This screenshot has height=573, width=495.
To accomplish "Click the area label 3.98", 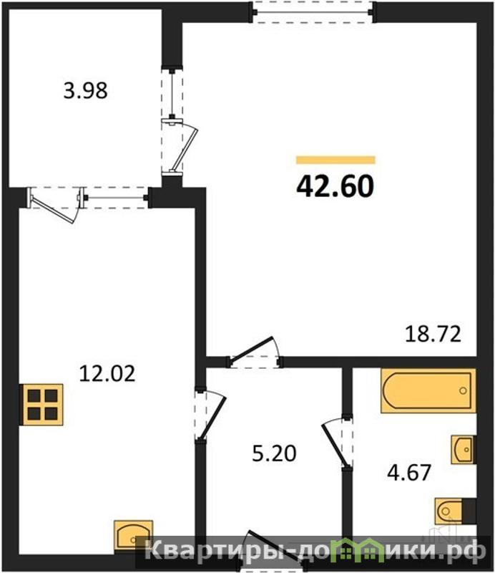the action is pos(85,91).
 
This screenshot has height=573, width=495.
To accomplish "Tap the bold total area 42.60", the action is pos(335,186).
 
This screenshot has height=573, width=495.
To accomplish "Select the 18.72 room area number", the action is pos(433,334).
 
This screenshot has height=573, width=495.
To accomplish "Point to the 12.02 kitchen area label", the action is pos(107,374).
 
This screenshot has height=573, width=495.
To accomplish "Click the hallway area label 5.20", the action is pos(274,453).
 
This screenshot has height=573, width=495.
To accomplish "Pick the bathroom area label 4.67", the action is pos(409,473).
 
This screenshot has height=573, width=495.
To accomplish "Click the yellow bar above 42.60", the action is pos(335,160).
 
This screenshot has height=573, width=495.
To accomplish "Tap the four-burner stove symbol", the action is pos(41,405).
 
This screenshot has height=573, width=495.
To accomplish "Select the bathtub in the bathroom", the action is pos(428,390).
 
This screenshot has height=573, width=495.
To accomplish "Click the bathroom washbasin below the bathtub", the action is pos(464,450).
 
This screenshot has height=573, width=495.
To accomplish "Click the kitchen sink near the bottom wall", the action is pos(133,536).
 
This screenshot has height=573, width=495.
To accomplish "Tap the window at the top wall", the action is pos(313,12).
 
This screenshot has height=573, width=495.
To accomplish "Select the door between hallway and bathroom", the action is pos(338,442).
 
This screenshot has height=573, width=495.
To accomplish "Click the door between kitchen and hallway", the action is pos(210,415).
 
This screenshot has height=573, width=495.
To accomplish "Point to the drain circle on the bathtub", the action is pos(464,390).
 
